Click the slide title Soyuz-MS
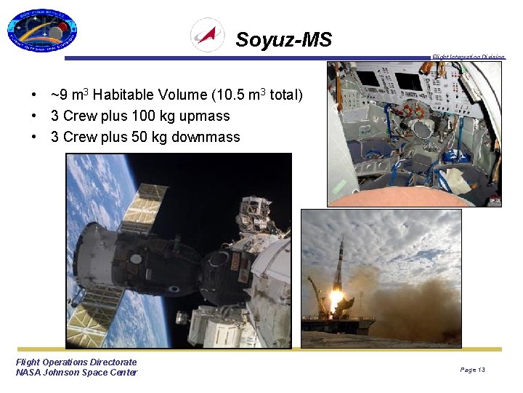coord(283,39)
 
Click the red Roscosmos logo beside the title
coord(207,35)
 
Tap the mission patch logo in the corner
coord(41,31)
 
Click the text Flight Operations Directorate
coord(76,362)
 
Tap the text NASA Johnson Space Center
coord(76,373)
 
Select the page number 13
coord(481,370)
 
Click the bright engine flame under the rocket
coord(336,298)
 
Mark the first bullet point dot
coord(34,95)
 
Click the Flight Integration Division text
coord(468,57)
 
